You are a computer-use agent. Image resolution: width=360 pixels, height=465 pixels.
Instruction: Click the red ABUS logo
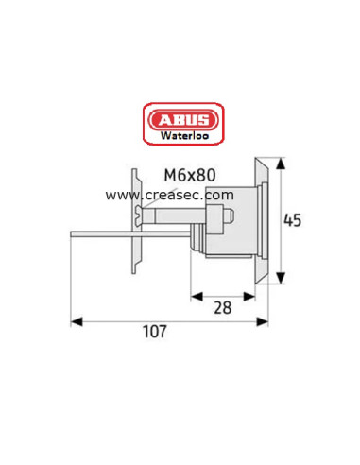[180, 121]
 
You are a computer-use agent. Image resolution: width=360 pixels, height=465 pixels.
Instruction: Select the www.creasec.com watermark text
[169, 195]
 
